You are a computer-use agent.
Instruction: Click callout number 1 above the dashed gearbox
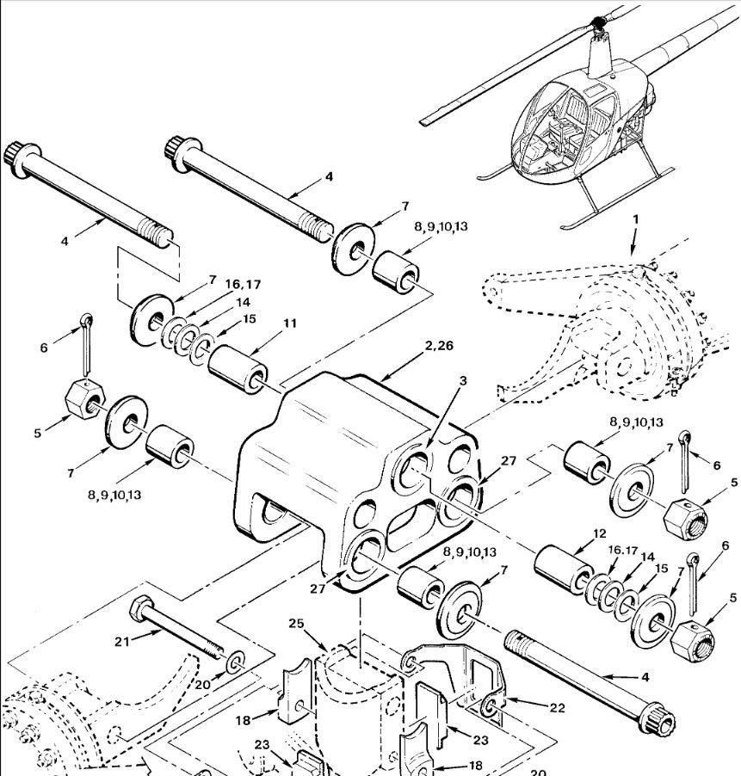pos(636,219)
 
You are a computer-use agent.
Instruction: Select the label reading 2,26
pos(439,346)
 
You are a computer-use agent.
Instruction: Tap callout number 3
pos(462,380)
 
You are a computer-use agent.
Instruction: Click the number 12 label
pos(599,533)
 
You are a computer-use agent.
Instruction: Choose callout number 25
pos(296,624)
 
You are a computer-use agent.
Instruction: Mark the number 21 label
pos(121,642)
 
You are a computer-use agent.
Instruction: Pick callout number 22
pos(557,708)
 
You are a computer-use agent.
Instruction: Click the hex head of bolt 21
pos(138,608)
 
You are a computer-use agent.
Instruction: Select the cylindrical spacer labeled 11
pos(238,370)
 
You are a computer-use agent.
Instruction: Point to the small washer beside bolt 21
pos(235,662)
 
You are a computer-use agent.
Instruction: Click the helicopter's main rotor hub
pos(598,22)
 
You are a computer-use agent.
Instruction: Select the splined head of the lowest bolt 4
pos(658,720)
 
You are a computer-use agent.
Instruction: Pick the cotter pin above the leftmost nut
pos(87,343)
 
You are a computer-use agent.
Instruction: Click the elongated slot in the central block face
pos(412,524)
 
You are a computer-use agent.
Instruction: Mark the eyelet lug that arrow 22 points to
pos(490,706)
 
